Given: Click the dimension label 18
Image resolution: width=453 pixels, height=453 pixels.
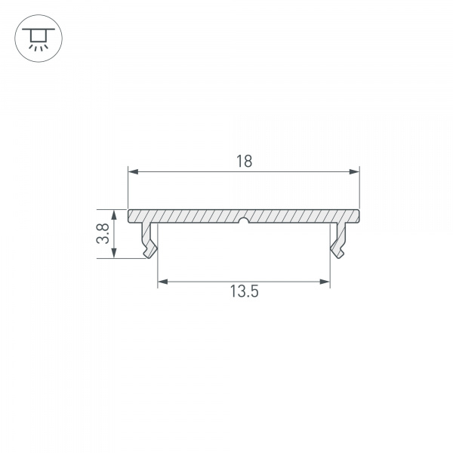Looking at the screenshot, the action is tap(245, 162).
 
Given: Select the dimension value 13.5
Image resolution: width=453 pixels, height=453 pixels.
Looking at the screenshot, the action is tap(244, 291).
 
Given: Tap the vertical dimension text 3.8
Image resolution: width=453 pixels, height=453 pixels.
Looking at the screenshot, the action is tap(103, 233).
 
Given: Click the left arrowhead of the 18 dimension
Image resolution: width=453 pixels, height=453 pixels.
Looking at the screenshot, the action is tap(133, 172).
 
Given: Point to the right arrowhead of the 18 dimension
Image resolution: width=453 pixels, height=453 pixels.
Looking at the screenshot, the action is tap(354, 172).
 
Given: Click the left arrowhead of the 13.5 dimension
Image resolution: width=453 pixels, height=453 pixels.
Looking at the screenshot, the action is tap(163, 282).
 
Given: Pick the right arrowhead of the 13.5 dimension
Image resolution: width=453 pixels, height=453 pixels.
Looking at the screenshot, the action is tap(325, 282).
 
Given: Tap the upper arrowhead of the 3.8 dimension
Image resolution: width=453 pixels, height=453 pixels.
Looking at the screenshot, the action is tap(115, 214).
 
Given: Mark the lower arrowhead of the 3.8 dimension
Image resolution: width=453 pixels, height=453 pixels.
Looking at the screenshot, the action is tap(115, 253).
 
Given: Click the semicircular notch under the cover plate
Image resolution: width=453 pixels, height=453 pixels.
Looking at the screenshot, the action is tap(244, 220).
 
